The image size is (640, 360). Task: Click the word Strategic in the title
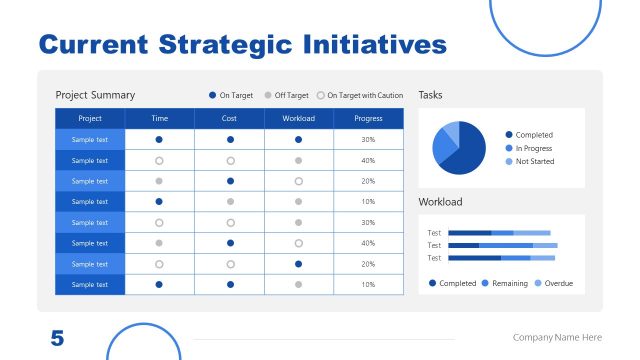point(217,45)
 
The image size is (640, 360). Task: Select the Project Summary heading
point(95,95)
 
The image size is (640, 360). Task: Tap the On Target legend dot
point(213,95)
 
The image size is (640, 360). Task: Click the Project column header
point(90,118)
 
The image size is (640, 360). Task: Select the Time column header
point(159,118)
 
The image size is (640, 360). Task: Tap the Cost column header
point(229,118)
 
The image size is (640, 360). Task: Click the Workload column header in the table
point(298,118)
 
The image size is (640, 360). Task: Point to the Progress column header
point(368,118)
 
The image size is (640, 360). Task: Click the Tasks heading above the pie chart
point(430,95)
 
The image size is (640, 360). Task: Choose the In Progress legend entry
point(533,148)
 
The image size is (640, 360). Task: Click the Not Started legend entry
point(533,161)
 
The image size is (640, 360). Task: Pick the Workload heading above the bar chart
point(440,202)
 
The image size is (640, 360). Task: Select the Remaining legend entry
point(505,283)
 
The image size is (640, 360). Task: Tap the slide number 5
point(57,338)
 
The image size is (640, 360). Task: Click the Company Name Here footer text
point(557,338)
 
